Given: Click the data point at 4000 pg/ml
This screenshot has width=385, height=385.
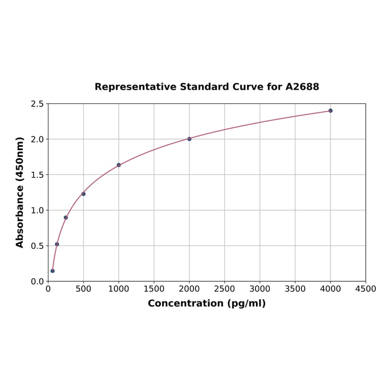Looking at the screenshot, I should pyautogui.click(x=331, y=110).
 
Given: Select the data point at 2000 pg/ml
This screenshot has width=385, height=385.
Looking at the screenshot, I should pyautogui.click(x=189, y=139).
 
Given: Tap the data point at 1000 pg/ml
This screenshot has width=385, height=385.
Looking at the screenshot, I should pyautogui.click(x=119, y=165).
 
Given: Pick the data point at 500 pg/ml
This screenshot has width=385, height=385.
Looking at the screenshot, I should pyautogui.click(x=84, y=194).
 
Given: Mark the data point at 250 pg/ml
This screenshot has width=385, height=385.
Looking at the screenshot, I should pyautogui.click(x=66, y=217).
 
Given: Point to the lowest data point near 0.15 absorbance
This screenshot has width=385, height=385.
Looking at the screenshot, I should pyautogui.click(x=52, y=271).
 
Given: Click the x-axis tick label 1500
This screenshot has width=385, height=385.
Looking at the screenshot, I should pyautogui.click(x=154, y=289).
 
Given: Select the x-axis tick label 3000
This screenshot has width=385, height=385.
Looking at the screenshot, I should pyautogui.click(x=260, y=289).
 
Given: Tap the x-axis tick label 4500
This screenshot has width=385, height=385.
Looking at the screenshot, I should pyautogui.click(x=366, y=289).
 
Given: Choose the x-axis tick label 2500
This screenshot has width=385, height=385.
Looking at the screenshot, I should pyautogui.click(x=225, y=289).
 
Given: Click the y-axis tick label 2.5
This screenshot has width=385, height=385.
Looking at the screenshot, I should pyautogui.click(x=37, y=104).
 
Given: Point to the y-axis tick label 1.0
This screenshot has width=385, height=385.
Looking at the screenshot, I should pyautogui.click(x=37, y=210).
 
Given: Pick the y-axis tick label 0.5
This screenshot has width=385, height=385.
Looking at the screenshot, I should pyautogui.click(x=37, y=246).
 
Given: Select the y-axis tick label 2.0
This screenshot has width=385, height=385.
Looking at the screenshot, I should pyautogui.click(x=37, y=139).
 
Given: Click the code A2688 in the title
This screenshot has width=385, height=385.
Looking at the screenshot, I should pyautogui.click(x=302, y=87).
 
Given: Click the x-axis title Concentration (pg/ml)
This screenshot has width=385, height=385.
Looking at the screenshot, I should pyautogui.click(x=207, y=303).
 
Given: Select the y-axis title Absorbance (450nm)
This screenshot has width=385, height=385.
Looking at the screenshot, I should pyautogui.click(x=20, y=192).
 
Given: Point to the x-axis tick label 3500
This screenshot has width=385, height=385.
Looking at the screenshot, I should pyautogui.click(x=295, y=289).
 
